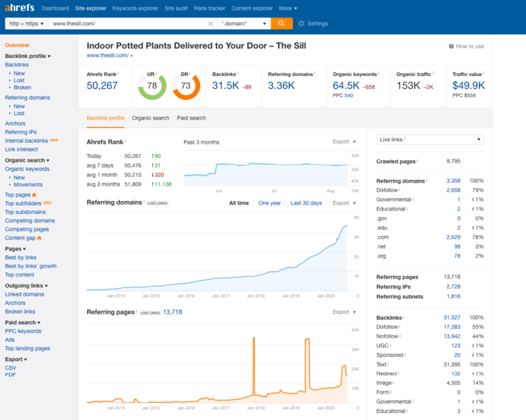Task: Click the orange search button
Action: (x=281, y=23)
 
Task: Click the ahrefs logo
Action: (x=19, y=8)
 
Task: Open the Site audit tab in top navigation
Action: (x=179, y=8)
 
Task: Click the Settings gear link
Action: (x=313, y=23)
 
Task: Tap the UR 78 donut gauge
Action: (x=151, y=86)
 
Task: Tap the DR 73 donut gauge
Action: (x=186, y=86)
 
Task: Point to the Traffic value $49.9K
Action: (x=468, y=86)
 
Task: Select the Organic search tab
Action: (x=150, y=118)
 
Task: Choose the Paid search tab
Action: (x=191, y=118)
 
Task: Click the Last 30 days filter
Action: (x=305, y=203)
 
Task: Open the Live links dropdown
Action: (x=430, y=140)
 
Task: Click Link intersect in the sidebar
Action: (x=21, y=149)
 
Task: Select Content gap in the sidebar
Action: (x=21, y=238)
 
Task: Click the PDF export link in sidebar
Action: (x=10, y=375)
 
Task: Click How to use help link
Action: (x=466, y=47)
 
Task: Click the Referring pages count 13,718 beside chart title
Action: (x=173, y=312)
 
